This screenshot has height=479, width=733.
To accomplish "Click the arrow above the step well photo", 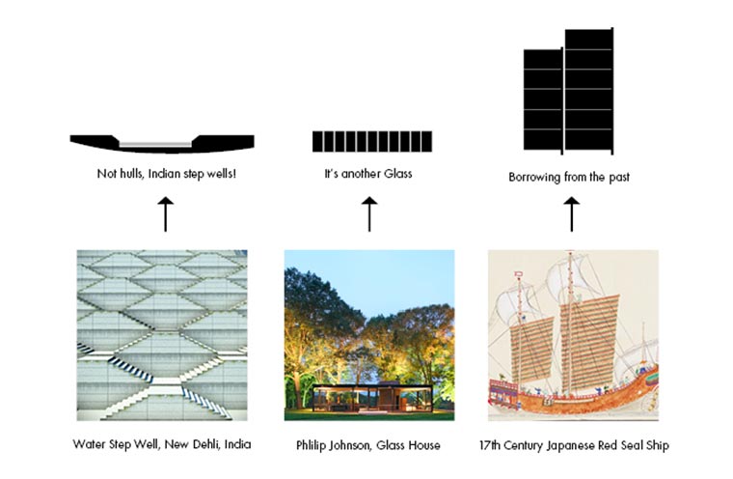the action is (166, 214).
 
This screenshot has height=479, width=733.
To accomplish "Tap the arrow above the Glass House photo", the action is (369, 214).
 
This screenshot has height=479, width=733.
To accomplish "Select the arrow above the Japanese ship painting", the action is (571, 214).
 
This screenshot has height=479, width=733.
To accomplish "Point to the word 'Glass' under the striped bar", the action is (397, 174).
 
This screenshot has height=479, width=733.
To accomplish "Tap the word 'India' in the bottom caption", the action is (237, 444).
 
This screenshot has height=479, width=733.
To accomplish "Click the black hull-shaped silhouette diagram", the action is (162, 144).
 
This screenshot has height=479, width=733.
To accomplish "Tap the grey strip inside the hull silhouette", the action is (155, 144).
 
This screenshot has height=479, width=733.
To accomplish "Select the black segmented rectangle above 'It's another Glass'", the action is (372, 141).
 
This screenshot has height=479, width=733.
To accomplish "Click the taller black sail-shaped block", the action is (589, 91).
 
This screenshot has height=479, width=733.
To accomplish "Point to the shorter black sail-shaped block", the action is (543, 100).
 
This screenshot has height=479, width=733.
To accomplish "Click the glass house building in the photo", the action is (372, 398).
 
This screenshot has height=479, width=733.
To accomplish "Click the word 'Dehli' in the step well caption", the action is (206, 444).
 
